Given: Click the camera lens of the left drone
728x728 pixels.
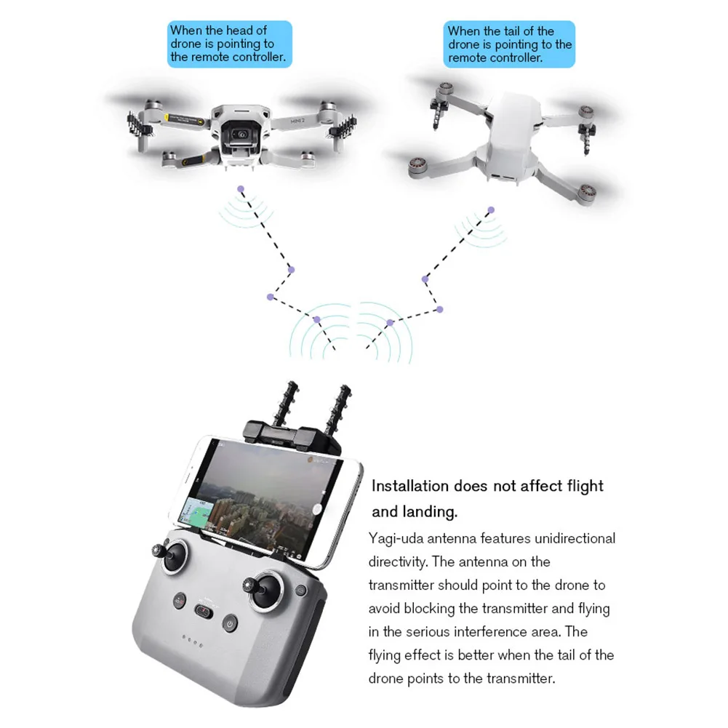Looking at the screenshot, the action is (x=241, y=135).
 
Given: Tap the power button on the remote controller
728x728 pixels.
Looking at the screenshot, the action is (x=230, y=623).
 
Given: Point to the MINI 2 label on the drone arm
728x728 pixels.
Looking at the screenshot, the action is (x=297, y=121).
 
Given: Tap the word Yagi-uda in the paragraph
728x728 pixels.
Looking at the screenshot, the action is (x=396, y=539).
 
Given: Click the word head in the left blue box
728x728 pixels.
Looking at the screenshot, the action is (x=239, y=31).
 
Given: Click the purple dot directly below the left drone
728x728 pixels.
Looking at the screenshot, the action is (x=241, y=189).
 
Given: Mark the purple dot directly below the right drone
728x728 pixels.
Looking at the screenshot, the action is (x=491, y=210).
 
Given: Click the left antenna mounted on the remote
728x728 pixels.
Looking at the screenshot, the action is (x=284, y=402).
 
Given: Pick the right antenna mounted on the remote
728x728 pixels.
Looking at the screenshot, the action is (x=337, y=409).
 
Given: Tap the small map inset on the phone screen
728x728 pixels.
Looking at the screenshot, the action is (x=196, y=514).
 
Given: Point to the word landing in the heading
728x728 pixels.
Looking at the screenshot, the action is (x=430, y=512).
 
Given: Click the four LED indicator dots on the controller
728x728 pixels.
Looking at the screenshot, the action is (x=192, y=641).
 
